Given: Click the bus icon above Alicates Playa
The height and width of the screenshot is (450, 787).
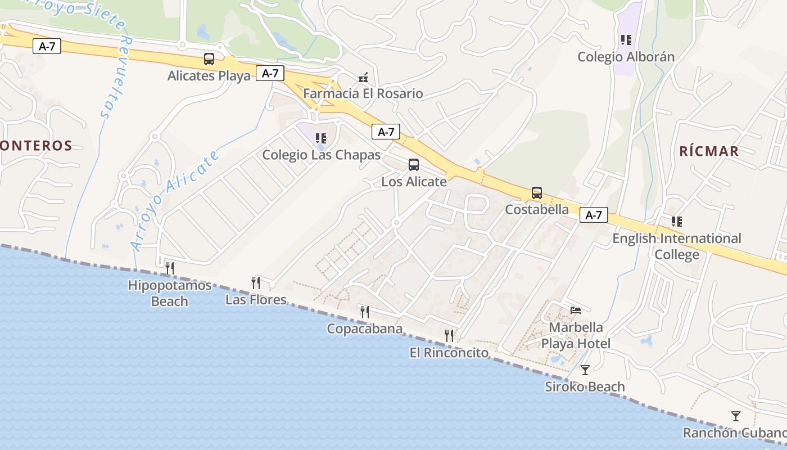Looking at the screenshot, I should tap(209, 59).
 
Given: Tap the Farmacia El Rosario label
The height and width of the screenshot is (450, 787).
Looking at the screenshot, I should tap(363, 93).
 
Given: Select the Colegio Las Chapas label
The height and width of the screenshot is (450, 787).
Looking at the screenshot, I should tap(322, 155).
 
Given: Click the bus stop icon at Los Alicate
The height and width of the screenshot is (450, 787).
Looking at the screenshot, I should tap(414, 165).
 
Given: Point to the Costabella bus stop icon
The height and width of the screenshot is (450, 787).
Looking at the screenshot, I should tap(537, 193).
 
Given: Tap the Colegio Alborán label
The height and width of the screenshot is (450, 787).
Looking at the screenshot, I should tap(626, 57).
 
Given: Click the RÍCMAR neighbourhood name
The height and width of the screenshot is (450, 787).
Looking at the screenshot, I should tap(709, 151).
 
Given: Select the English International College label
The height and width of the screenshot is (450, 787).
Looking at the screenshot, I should tap(677, 246).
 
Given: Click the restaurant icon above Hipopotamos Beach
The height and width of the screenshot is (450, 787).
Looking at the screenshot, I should tap(170, 268).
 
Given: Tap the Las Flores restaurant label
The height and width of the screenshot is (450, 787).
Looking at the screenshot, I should tap(256, 300).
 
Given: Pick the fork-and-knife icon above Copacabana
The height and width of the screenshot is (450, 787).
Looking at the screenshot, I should tap(365, 312).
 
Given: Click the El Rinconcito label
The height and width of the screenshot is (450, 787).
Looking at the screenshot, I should tap(449, 353).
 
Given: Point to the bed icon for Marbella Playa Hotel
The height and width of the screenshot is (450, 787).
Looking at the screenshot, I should tap(576, 310).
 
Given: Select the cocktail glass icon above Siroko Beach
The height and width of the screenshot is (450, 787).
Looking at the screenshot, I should tap(585, 370).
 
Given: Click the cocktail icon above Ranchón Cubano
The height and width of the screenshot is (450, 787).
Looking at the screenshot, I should tap(736, 416).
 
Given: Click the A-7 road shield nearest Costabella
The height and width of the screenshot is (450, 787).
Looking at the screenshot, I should tap(594, 215).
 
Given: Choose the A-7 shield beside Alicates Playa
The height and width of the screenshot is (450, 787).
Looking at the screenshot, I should tap(270, 73).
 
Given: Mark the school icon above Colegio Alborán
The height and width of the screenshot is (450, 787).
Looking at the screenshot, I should tap(626, 40).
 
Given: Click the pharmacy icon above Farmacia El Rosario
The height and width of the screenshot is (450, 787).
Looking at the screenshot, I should tap(363, 78).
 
